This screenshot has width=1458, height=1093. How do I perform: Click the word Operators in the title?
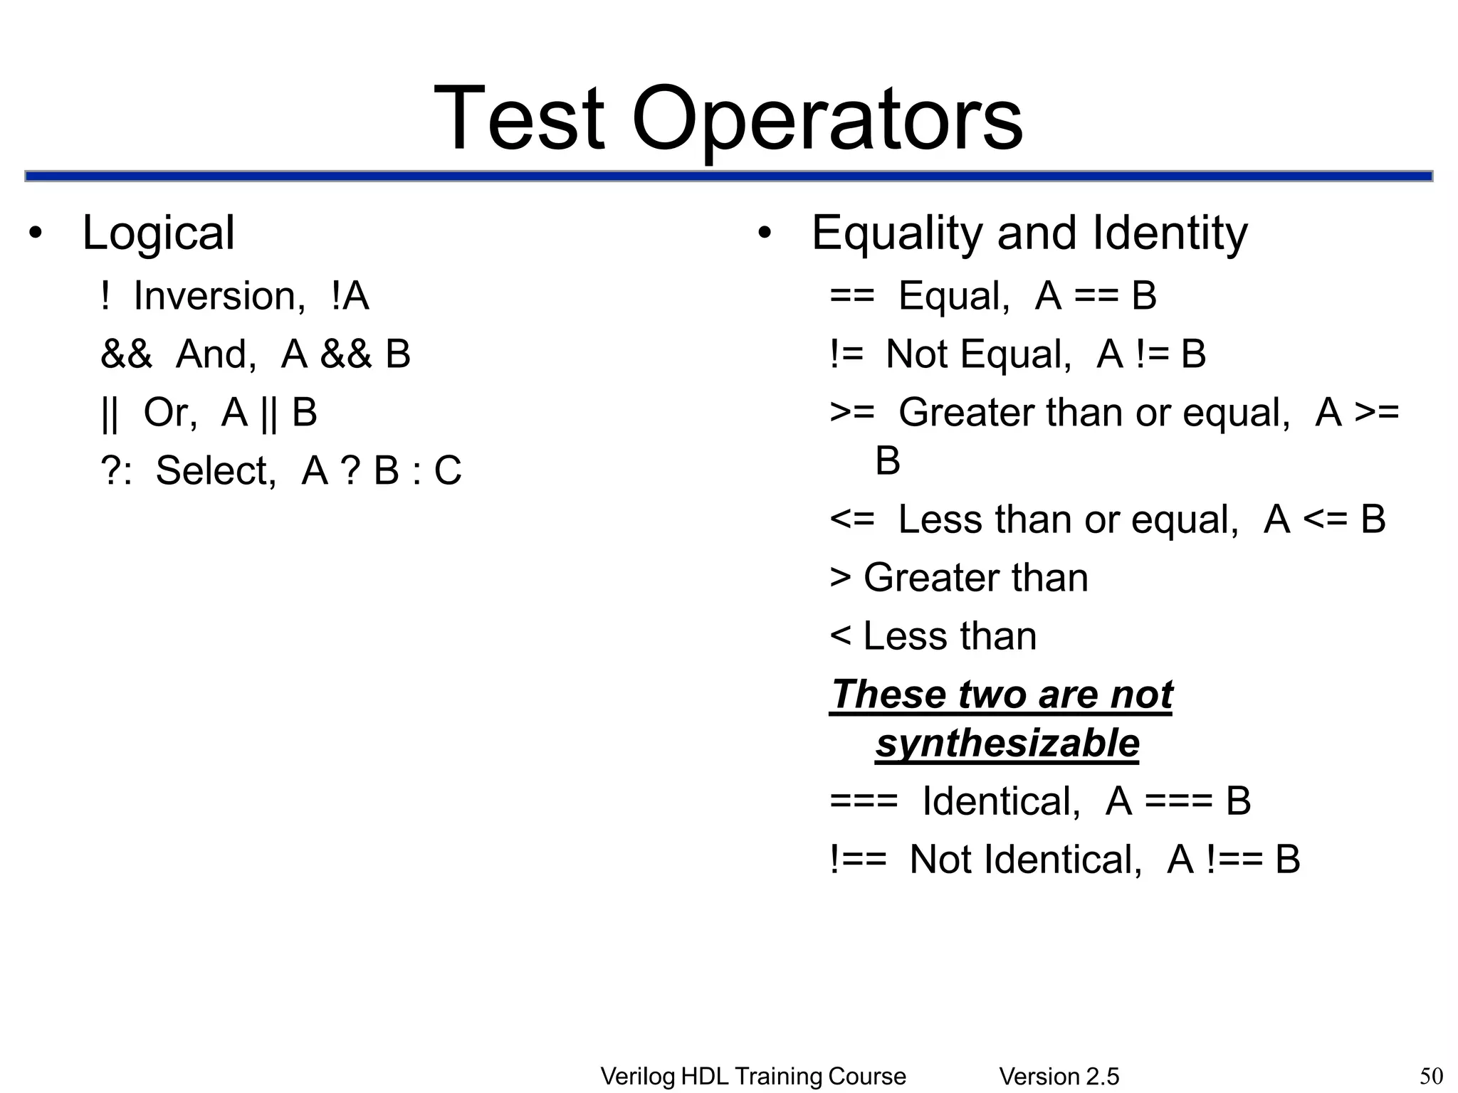coord(827,120)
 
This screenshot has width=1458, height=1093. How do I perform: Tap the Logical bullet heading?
coord(158,233)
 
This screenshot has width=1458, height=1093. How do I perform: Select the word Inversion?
coord(219,296)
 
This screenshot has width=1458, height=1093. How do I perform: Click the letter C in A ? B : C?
coord(448,471)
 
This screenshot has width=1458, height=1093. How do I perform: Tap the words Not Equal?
coord(978,354)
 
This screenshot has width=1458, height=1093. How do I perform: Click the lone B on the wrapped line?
coord(888,461)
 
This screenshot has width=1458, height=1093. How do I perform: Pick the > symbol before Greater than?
coord(841,578)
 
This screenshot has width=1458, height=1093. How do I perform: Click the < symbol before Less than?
coord(840,636)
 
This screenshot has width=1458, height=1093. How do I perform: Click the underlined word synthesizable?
coord(1007,744)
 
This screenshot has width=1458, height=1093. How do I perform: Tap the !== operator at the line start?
coord(858,860)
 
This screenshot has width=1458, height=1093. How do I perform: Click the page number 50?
coord(1431,1076)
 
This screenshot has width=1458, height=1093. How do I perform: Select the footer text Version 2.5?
coord(1059,1077)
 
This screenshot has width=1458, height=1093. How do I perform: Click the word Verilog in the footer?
coord(637,1077)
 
